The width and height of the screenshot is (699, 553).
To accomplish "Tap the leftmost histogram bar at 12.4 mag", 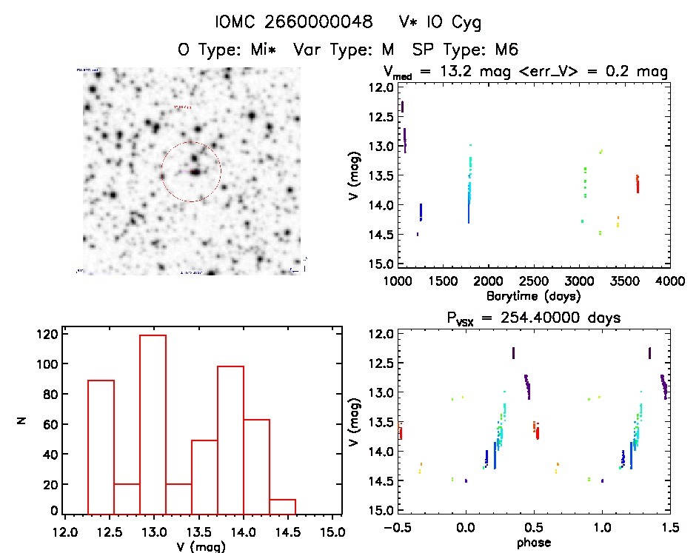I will pyautogui.click(x=101, y=445).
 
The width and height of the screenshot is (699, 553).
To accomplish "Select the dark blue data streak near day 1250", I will pyautogui.click(x=421, y=212).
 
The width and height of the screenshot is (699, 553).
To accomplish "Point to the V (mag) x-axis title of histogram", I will pyautogui.click(x=201, y=546).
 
